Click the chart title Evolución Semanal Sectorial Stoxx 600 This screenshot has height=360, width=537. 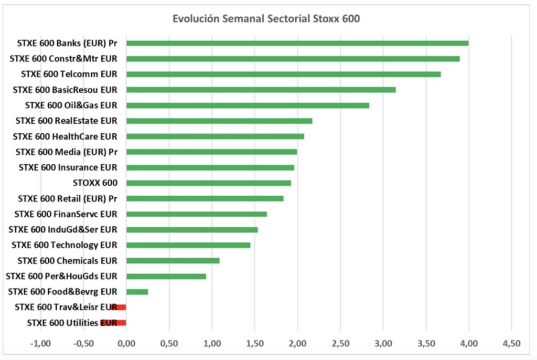click(266, 19)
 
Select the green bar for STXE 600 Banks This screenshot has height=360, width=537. click(297, 43)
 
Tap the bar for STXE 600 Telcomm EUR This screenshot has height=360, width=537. click(283, 74)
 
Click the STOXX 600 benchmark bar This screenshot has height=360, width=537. click(209, 183)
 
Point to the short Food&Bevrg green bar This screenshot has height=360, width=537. click(137, 292)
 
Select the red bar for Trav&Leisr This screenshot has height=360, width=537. click(119, 308)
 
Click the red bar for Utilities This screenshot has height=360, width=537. click(113, 323)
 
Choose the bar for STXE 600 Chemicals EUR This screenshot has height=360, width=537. click(173, 261)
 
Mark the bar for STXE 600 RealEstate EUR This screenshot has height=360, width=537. click(219, 121)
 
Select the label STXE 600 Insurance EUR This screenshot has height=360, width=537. click(68, 167)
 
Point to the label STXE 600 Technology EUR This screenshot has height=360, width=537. click(65, 245)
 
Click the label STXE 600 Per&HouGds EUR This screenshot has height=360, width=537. click(61, 276)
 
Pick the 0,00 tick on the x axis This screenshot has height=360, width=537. click(126, 343)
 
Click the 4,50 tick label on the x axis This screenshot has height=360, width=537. click(511, 343)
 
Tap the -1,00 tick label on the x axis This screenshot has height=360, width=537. click(40, 343)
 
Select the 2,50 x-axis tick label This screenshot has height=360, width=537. click(340, 343)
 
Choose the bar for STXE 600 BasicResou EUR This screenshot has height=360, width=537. click(261, 90)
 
